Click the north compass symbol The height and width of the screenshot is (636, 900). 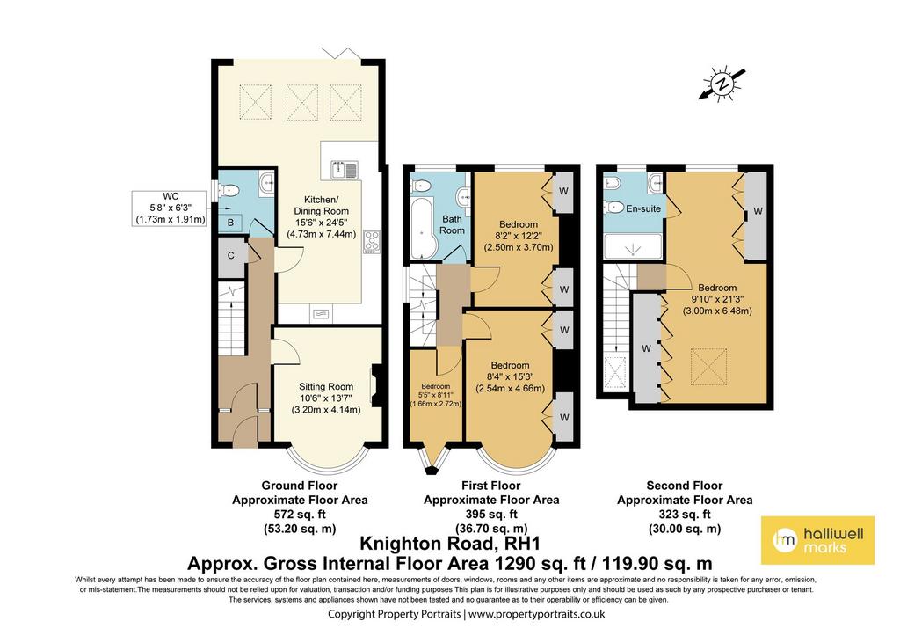point(722,84)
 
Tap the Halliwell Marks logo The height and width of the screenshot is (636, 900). point(817,540)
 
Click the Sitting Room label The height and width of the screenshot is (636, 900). point(325,387)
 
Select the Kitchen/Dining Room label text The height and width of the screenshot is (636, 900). point(321,205)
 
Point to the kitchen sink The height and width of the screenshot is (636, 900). point(345,170)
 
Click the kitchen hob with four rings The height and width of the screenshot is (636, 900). point(372,241)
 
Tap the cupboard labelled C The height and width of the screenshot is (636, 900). point(231,255)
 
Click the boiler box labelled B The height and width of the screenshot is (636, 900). point(230,222)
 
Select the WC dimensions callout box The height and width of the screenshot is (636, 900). point(170,208)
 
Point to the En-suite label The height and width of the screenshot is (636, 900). point(643,208)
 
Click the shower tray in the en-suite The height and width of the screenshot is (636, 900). point(633,246)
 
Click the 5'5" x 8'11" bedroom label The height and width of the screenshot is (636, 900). point(436,395)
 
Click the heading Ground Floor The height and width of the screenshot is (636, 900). point(300,486)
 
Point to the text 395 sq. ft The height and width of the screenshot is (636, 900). point(491,515)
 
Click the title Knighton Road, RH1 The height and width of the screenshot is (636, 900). point(450,543)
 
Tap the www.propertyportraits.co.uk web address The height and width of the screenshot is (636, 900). point(537,614)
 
